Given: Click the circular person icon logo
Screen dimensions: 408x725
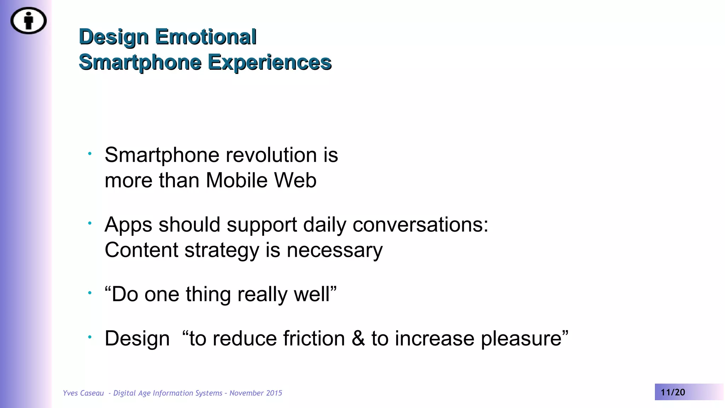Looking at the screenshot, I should click(28, 21).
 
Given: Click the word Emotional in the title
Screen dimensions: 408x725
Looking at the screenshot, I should click(206, 37).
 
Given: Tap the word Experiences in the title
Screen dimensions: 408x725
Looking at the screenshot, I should click(269, 62).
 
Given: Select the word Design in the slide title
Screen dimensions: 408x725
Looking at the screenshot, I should click(114, 37).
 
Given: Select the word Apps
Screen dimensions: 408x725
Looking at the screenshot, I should click(128, 225).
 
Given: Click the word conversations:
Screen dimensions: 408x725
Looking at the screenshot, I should click(420, 225).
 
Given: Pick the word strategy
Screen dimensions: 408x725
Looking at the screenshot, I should click(222, 250).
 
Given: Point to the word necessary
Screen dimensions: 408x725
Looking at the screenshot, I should click(335, 250).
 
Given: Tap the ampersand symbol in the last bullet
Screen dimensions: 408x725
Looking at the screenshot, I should click(358, 338).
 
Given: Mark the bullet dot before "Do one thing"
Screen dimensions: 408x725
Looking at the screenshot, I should click(90, 293).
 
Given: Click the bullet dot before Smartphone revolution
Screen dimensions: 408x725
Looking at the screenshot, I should click(90, 153).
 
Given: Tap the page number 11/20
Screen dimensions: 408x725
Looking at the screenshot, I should click(673, 392).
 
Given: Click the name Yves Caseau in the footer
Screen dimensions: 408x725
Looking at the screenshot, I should click(83, 393).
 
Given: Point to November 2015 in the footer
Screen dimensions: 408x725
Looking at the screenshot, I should click(256, 393).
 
